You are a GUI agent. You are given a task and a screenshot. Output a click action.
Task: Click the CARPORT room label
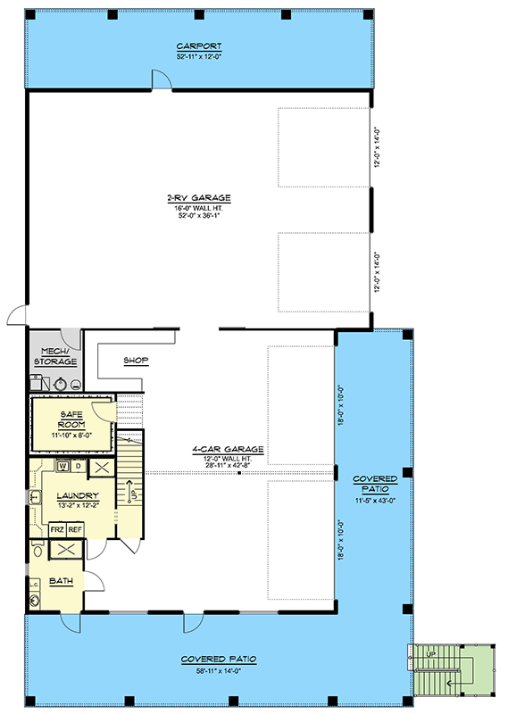(199, 46)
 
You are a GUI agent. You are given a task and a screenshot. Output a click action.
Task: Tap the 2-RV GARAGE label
(199, 198)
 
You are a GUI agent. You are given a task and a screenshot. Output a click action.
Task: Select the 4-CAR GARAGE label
(228, 450)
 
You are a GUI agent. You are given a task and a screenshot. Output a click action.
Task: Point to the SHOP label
(136, 361)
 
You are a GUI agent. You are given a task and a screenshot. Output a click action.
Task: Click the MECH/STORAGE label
(55, 356)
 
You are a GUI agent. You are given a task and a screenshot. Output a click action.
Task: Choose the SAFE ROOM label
(71, 419)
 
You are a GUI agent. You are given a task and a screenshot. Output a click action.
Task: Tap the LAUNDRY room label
(78, 495)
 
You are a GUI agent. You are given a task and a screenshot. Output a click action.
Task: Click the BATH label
(61, 581)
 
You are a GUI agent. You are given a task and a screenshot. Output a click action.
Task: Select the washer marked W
(62, 466)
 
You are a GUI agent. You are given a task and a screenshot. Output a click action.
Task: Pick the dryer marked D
(79, 466)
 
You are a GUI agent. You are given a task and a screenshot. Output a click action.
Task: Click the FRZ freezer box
(57, 529)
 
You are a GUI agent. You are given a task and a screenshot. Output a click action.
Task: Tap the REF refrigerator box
(75, 529)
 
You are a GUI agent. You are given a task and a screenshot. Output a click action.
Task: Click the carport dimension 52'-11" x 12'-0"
(199, 57)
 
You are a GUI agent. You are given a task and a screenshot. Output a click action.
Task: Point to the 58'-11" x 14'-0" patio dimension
(219, 670)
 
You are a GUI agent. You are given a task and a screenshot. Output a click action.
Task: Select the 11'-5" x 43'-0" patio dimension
(375, 501)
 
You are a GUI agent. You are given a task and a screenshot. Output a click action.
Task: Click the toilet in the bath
(37, 549)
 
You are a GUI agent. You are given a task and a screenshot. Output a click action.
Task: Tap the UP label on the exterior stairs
(430, 654)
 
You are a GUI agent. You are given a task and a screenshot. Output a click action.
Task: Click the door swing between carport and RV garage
(162, 79)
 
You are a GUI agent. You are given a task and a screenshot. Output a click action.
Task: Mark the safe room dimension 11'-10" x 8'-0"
(72, 435)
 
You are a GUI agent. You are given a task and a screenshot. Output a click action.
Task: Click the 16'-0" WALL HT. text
(198, 208)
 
